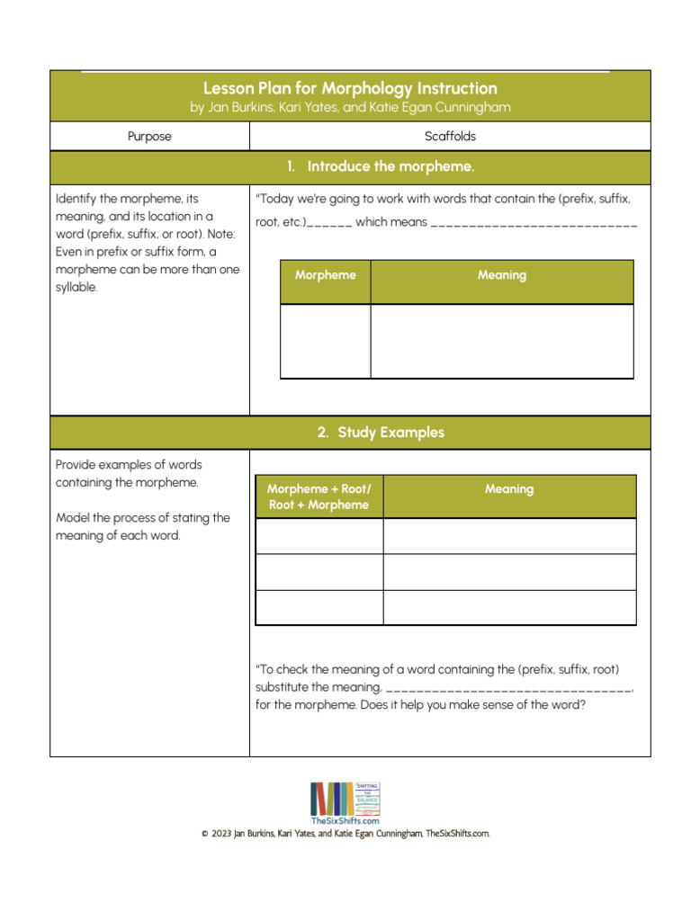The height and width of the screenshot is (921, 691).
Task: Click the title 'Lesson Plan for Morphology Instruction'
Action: pos(349,88)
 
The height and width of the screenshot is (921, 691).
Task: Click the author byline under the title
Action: pos(349,108)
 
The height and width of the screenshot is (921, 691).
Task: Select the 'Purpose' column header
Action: pos(149,137)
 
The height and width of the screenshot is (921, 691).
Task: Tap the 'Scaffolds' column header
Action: pos(450,137)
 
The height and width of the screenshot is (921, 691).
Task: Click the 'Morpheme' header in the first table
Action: pos(325,275)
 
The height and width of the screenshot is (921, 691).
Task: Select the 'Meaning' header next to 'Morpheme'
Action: pos(502,275)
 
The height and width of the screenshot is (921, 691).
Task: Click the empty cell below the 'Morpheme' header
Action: pos(325,341)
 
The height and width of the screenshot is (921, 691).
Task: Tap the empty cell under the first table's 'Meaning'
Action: pos(502,341)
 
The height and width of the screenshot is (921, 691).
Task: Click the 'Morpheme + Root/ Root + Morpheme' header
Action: pos(319,496)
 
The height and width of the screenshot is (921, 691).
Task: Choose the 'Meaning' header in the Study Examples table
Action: pos(509,489)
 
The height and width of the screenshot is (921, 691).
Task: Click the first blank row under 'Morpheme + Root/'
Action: pos(319,536)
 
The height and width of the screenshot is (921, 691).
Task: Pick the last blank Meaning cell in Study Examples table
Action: pos(509,607)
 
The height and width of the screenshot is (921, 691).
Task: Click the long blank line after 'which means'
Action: pos(534,223)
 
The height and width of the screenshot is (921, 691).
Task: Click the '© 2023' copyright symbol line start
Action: pos(205,834)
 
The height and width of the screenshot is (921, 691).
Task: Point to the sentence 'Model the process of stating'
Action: pos(142,518)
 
